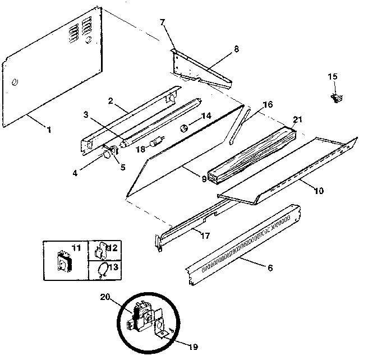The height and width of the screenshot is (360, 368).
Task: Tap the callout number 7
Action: [162, 22]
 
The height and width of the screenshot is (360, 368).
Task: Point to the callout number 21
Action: [297, 119]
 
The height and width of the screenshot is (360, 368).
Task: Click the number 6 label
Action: [270, 269]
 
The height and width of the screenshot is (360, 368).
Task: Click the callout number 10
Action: [319, 191]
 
